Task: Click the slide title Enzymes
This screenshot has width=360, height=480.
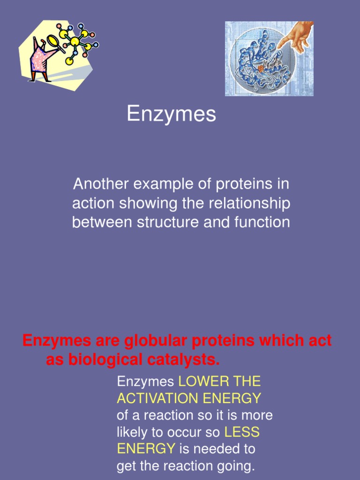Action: [x=171, y=114]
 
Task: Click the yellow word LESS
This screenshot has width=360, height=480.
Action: [x=242, y=432]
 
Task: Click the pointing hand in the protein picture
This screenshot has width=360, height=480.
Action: [x=293, y=36]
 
